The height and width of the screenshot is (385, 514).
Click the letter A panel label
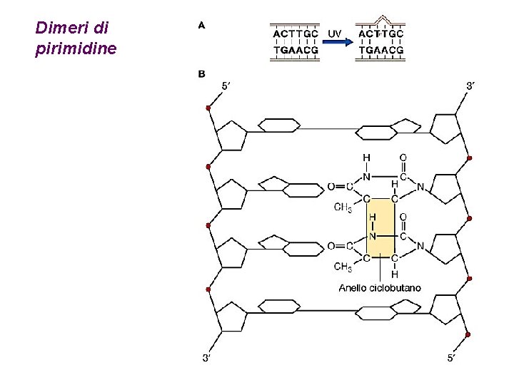[202, 25]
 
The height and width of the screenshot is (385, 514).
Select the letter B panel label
[202, 73]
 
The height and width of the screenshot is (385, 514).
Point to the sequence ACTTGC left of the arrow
[296, 34]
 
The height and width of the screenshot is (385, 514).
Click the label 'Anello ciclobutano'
[379, 287]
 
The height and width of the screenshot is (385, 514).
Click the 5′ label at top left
[225, 86]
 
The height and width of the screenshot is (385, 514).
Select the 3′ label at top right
[471, 86]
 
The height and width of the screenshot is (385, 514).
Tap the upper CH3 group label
[343, 208]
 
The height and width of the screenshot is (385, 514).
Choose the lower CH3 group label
[343, 267]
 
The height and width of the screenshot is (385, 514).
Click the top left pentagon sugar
[232, 133]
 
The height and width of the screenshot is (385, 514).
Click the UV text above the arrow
[334, 33]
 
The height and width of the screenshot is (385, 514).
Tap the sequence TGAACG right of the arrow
[381, 51]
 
